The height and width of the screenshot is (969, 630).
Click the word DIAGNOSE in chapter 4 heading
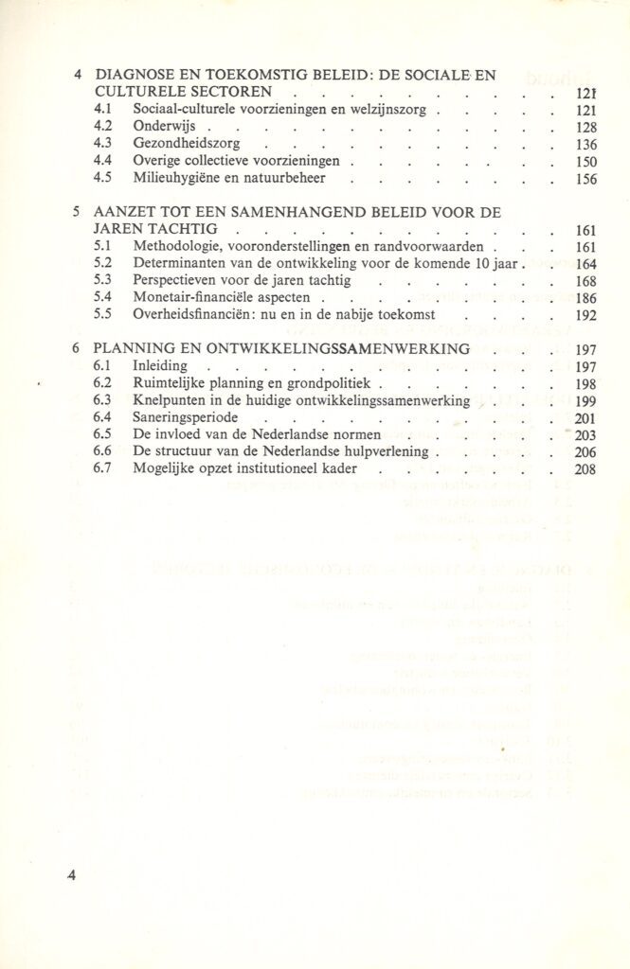137,74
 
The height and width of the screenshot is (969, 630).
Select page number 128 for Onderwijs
584,128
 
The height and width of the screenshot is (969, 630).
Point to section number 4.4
105,162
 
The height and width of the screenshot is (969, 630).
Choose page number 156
584,180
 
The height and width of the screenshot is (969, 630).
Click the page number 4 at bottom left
71,875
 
